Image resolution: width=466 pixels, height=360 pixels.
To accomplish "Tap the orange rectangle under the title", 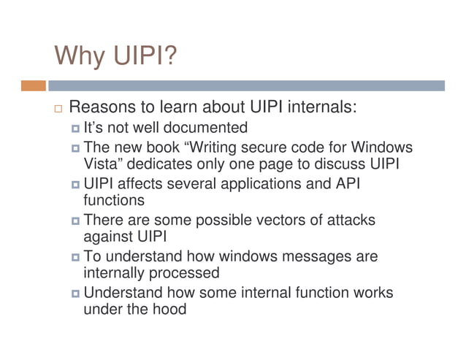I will coord(34,85).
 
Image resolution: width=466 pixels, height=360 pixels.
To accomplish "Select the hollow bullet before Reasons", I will coord(59,109).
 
